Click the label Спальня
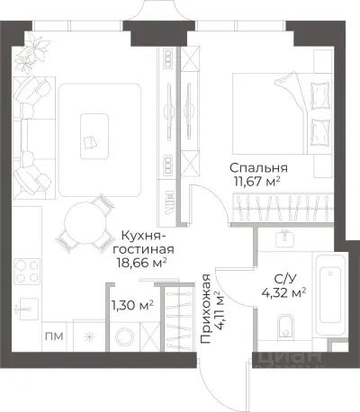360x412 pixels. click(258, 166)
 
